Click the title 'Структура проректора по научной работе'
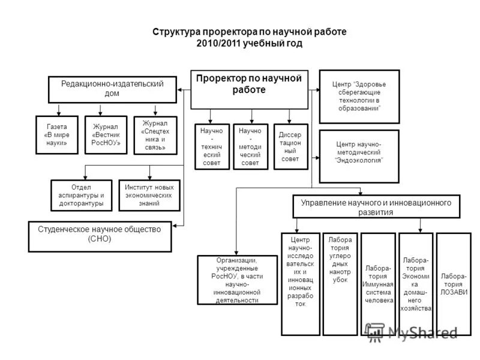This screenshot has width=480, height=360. pyautogui.click(x=250, y=32)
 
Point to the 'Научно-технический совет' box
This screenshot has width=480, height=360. pyautogui.click(x=212, y=146)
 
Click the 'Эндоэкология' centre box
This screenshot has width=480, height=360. pyautogui.click(x=358, y=155)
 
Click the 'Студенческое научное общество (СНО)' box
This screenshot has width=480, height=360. pyautogui.click(x=100, y=236)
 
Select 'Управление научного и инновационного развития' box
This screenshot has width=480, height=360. pyautogui.click(x=379, y=206)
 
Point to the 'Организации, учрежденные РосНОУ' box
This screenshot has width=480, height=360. pyautogui.click(x=236, y=280)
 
